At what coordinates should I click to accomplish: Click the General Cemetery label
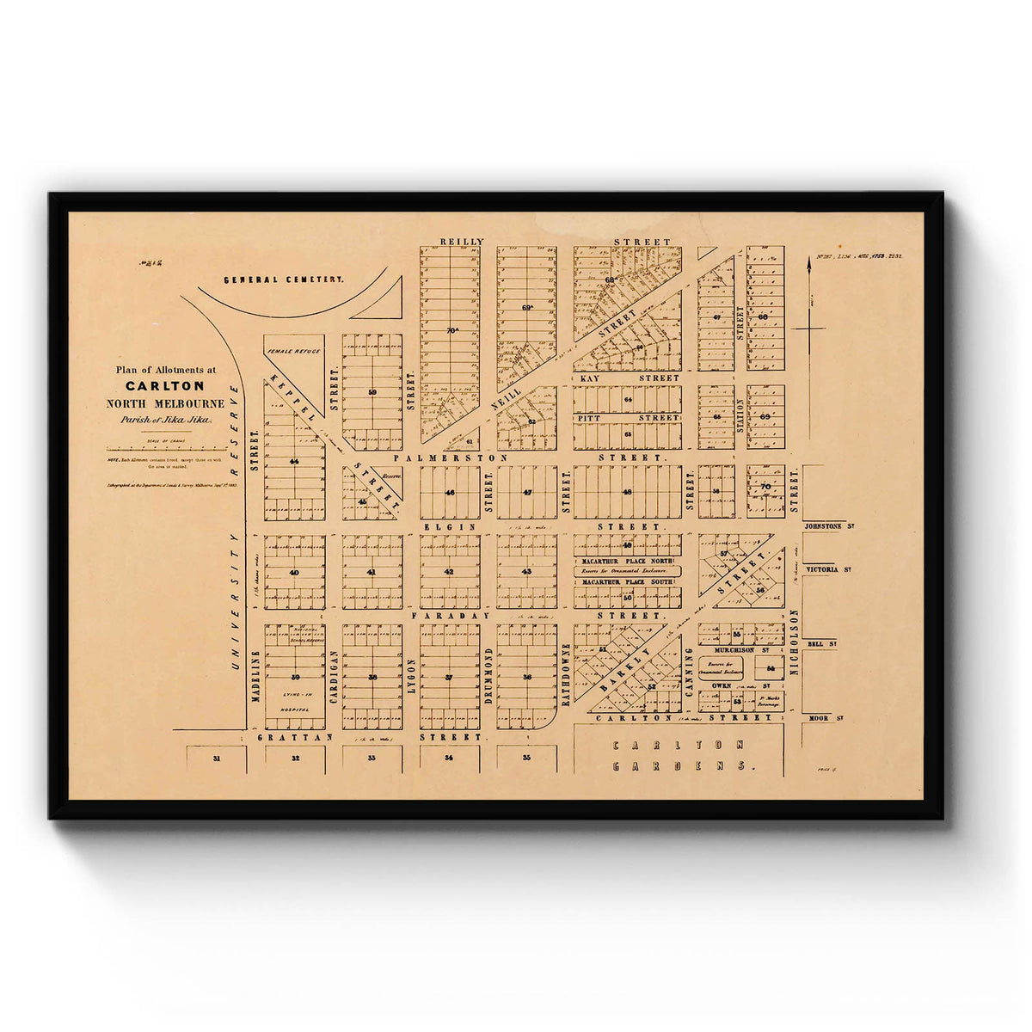point(284,279)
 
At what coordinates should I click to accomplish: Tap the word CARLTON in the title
point(165,386)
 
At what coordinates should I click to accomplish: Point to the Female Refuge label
point(293,351)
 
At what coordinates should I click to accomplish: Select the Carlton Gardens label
point(679,754)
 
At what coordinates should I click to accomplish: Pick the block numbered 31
point(217,759)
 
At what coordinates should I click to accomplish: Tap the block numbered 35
point(526,759)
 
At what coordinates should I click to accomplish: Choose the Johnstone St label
point(827,525)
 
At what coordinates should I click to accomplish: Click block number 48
point(627,492)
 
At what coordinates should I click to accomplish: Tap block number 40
point(294,572)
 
